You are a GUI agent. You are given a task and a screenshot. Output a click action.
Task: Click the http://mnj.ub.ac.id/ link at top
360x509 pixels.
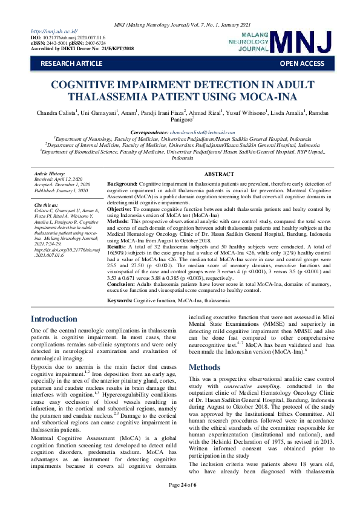click(54, 31)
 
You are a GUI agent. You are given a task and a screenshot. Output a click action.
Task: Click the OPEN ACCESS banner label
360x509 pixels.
click(301, 63)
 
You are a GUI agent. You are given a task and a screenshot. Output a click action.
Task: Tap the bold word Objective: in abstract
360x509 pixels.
click(120, 209)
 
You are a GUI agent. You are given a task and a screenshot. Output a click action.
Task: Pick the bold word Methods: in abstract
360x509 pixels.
click(119, 222)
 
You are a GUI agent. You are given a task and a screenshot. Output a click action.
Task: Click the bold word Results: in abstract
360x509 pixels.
click(117, 247)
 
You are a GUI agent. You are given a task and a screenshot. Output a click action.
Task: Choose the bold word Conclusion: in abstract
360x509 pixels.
click(122, 285)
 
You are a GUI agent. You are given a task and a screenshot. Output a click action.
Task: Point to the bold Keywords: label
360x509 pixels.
click(121, 300)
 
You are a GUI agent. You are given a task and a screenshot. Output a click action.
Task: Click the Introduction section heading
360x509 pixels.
click(54, 319)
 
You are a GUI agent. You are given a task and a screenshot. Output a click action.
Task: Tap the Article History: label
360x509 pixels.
click(49, 174)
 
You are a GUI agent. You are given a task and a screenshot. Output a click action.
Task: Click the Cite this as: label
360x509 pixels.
click(46, 206)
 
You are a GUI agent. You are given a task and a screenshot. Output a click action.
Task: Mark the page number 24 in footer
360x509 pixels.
click(180, 502)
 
